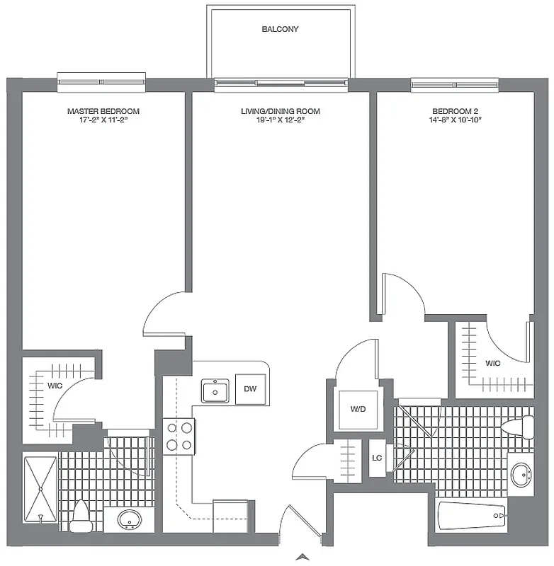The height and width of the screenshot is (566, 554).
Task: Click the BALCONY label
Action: (x=280, y=30)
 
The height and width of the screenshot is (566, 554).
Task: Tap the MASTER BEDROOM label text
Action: (x=103, y=112)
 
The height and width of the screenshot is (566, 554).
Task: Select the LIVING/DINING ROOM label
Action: (x=280, y=112)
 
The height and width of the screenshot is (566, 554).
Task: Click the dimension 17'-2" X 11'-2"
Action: (x=103, y=121)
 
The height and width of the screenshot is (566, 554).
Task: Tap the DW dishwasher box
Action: (x=250, y=389)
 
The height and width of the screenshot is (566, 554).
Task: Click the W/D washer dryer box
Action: (x=356, y=410)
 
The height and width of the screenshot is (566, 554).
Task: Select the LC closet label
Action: (x=378, y=458)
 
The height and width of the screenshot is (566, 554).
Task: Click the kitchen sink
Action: (x=215, y=391)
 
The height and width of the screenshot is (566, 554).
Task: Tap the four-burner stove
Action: (x=179, y=436)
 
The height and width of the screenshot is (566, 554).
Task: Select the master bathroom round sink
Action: (x=129, y=520)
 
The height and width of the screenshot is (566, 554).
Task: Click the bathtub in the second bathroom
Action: (x=472, y=516)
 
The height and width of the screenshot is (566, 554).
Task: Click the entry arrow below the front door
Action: (x=303, y=557)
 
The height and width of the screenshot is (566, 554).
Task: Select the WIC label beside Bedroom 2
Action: (x=493, y=364)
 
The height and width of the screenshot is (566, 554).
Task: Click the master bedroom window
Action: (x=102, y=82)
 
